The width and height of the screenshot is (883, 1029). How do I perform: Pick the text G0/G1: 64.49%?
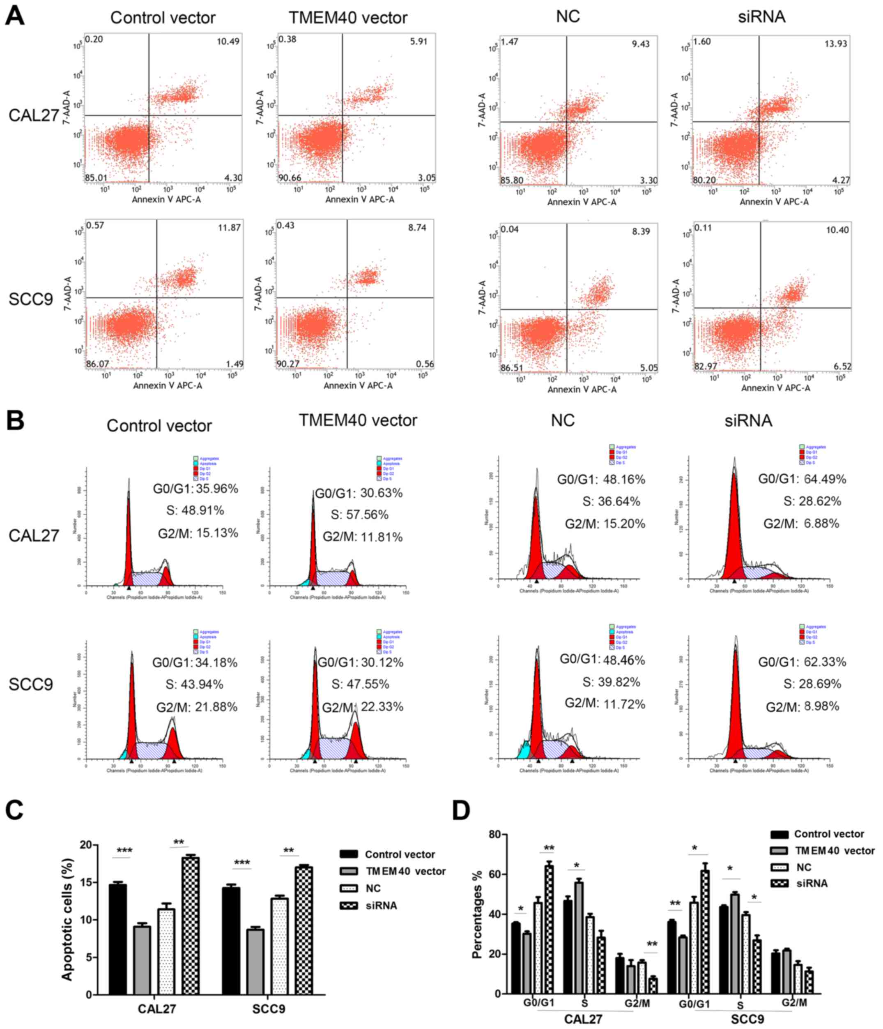click(x=802, y=479)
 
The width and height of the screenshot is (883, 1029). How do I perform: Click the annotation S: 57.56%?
click(x=359, y=514)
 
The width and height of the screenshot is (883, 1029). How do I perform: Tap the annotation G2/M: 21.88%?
click(x=197, y=707)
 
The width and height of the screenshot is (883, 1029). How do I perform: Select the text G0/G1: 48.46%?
click(x=602, y=660)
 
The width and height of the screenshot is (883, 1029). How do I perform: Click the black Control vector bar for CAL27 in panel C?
click(x=117, y=939)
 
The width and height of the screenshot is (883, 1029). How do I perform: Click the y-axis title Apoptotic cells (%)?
click(x=67, y=919)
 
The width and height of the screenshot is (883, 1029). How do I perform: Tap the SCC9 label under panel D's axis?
click(x=747, y=1019)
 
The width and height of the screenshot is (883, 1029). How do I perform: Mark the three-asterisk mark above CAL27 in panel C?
click(x=124, y=850)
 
